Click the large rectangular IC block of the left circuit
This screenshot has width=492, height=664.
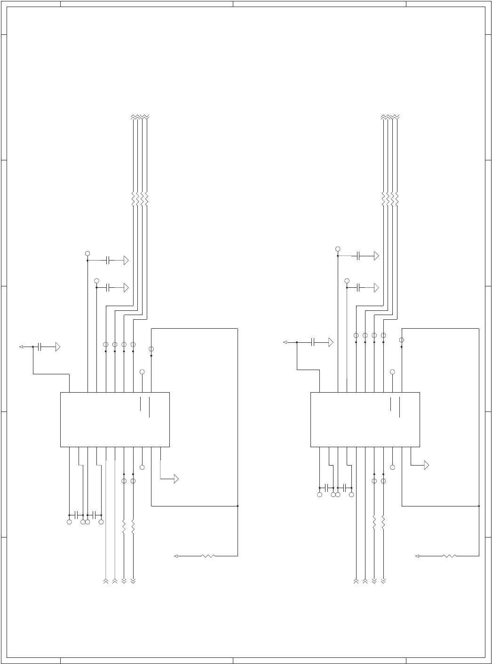(115, 419)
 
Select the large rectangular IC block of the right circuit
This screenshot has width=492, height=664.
(365, 419)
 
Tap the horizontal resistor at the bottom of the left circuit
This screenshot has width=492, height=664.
(208, 556)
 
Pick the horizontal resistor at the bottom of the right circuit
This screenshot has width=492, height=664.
(450, 556)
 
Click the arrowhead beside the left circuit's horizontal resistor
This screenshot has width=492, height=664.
(176, 556)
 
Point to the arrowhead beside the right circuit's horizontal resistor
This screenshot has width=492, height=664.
(417, 556)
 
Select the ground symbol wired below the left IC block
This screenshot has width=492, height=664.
(176, 479)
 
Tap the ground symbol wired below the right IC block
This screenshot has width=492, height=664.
(426, 466)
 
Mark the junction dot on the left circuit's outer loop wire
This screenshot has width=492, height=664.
(238, 506)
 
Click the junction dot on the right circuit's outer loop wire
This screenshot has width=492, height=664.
(479, 506)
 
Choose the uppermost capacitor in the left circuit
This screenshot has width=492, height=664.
(108, 261)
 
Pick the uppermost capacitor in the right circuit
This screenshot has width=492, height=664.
(358, 256)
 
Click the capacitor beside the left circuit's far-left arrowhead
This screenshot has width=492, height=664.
(40, 347)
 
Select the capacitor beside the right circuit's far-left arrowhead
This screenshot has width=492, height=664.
(313, 342)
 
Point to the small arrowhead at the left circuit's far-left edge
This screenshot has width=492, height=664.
(21, 347)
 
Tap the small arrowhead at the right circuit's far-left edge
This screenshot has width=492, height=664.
(286, 342)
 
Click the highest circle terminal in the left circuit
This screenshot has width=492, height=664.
(87, 253)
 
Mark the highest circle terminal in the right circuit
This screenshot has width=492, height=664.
(338, 249)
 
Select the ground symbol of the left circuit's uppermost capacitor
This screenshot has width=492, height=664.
(126, 261)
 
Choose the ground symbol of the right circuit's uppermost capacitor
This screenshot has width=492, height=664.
(376, 256)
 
